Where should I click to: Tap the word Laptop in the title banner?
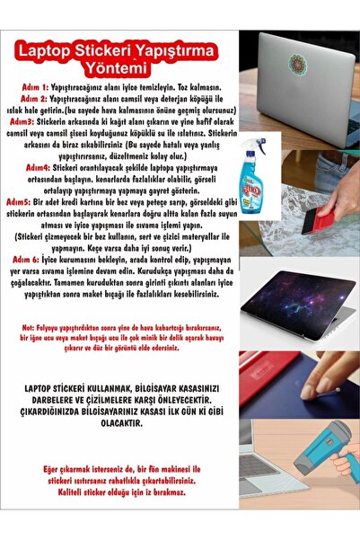tap(65, 43)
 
